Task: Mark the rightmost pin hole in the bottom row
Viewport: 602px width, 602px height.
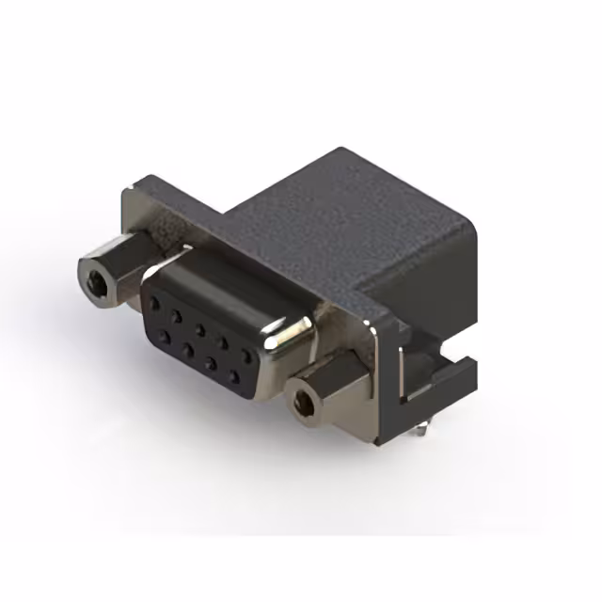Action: click(232, 375)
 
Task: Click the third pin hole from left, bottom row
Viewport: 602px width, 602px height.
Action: click(210, 362)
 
